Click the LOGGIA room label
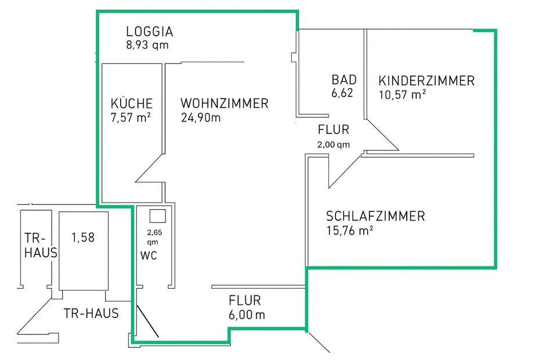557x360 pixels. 150,32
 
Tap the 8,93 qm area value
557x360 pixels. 147,45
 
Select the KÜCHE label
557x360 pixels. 132,103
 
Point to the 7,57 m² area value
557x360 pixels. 131,118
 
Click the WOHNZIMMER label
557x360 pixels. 225,103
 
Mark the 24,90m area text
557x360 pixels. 201,118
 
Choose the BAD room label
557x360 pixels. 344,80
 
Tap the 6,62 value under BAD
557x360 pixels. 342,92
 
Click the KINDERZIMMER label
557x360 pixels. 426,81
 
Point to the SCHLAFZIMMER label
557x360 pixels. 375,217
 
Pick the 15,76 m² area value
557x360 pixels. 349,231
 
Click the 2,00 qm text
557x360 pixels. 334,145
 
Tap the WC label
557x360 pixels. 149,255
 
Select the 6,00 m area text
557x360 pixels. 247,315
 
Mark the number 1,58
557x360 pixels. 82,237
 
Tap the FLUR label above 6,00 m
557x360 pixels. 245,301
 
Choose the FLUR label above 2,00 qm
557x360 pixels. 334,129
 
